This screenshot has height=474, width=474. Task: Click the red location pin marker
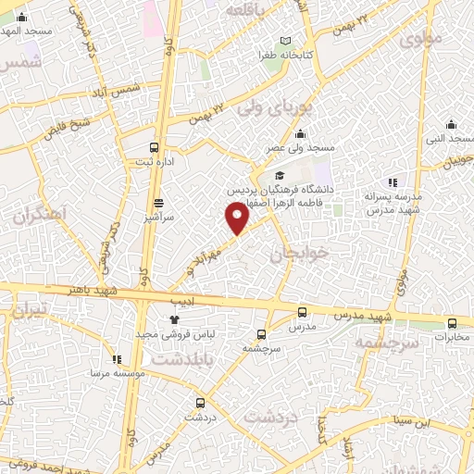coord(238,218)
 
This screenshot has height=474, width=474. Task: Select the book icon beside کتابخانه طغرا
coord(286,41)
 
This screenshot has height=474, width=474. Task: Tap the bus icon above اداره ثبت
coord(154,146)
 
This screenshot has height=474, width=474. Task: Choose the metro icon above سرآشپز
coord(158,202)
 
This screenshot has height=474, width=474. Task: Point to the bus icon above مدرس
coord(303,312)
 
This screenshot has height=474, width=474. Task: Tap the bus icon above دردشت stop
coord(200,402)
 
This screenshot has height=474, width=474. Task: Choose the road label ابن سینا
coord(411,421)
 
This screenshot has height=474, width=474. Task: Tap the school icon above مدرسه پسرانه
coord(393,182)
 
